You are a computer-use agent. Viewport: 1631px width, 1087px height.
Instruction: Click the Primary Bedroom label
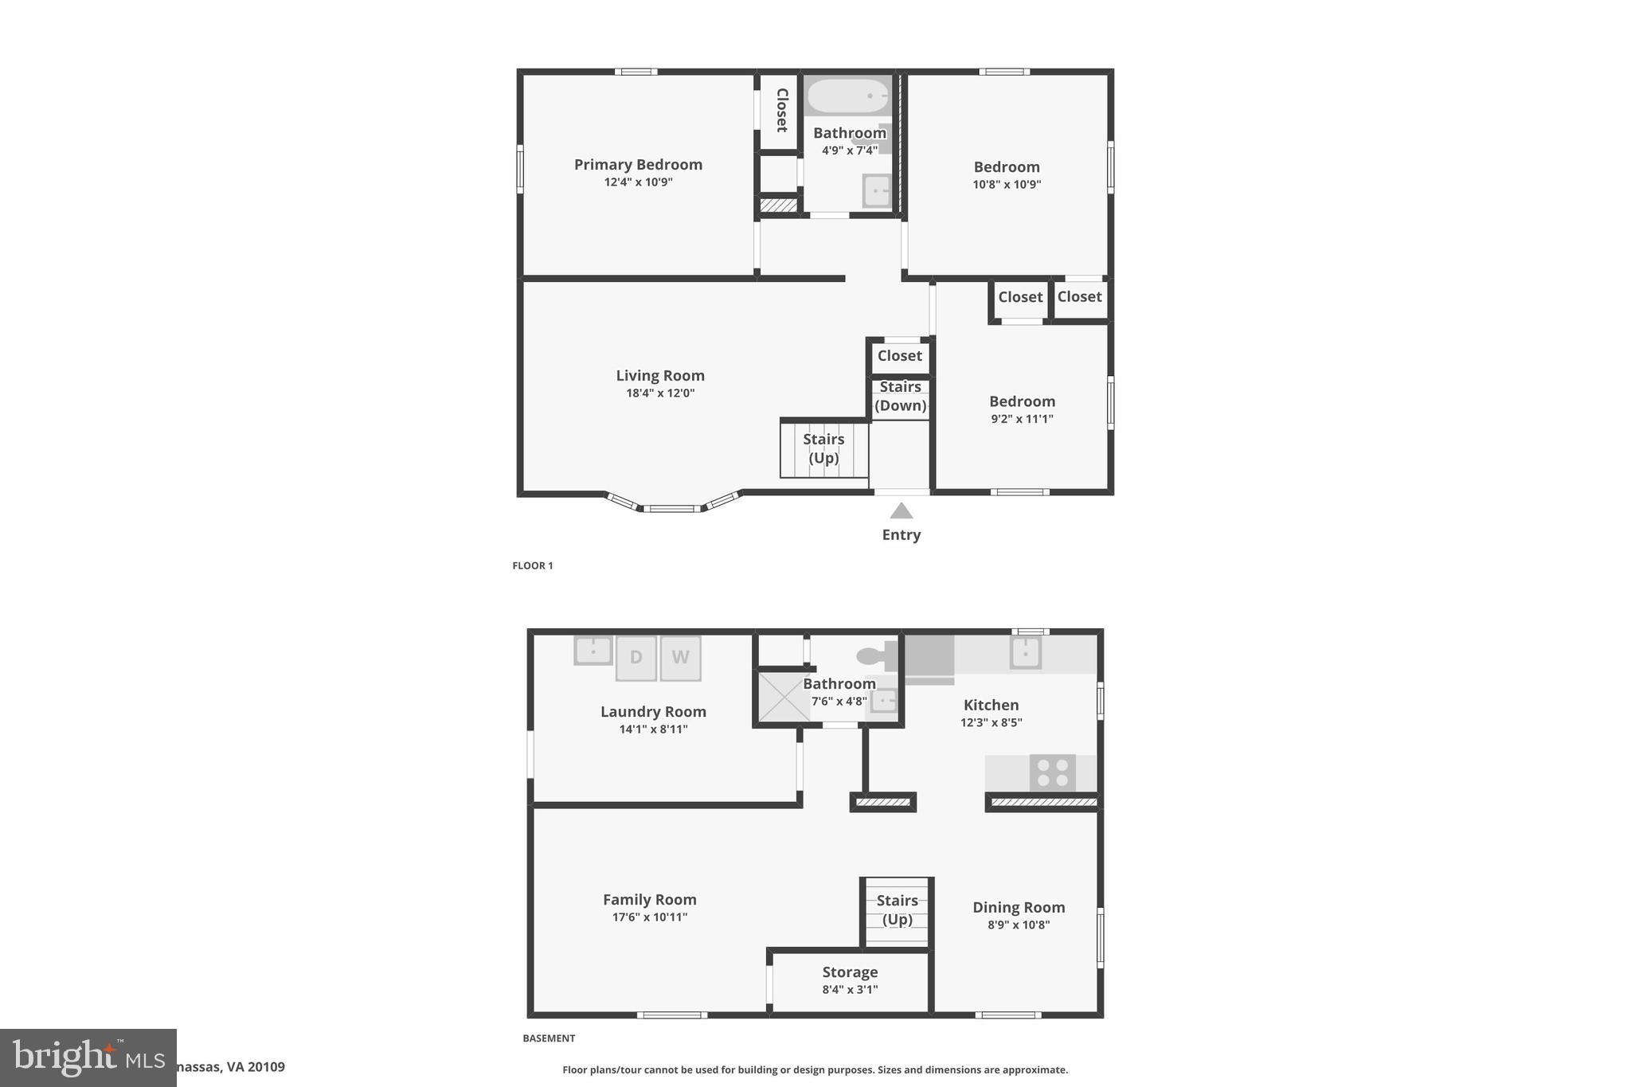click(x=638, y=165)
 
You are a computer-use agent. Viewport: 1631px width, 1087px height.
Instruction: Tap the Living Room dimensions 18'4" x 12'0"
click(x=660, y=393)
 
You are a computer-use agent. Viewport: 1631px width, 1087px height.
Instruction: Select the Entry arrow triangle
click(x=901, y=510)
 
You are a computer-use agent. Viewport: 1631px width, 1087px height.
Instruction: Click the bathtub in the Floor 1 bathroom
click(x=847, y=96)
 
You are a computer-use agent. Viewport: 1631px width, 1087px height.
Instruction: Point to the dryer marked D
click(x=636, y=658)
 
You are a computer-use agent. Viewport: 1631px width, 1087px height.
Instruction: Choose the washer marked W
click(x=680, y=658)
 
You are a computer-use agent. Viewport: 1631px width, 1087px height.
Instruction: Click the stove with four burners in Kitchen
click(x=1052, y=772)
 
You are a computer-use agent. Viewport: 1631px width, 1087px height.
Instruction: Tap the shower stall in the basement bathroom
click(x=783, y=697)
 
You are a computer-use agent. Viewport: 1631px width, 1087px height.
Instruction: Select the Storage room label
click(x=850, y=972)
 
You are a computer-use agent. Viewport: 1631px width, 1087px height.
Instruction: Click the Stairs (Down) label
click(x=900, y=397)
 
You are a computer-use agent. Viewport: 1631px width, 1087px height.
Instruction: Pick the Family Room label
click(x=649, y=900)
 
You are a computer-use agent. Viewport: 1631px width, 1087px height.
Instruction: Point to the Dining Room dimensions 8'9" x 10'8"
click(x=1019, y=925)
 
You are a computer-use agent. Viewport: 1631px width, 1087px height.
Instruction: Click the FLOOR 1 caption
click(x=532, y=566)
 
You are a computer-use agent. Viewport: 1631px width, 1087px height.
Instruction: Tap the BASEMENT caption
click(x=549, y=1038)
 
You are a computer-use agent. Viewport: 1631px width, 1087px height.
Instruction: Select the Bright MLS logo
click(x=88, y=1058)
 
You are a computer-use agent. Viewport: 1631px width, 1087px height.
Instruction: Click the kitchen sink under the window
click(x=1025, y=653)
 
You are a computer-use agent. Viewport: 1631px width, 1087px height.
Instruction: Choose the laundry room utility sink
click(x=593, y=651)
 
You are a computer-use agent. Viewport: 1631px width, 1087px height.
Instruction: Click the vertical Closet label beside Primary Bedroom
click(x=781, y=111)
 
